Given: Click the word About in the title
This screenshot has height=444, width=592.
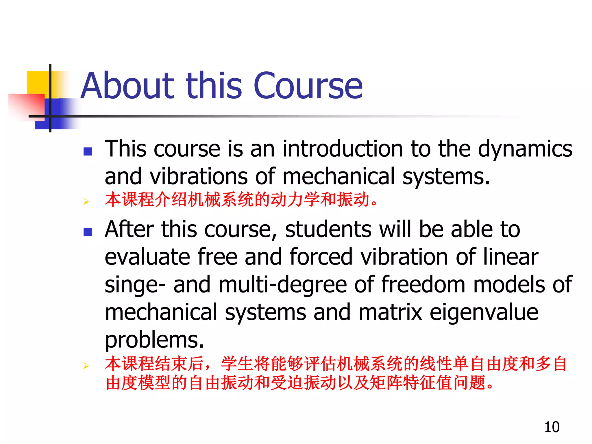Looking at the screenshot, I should (127, 86).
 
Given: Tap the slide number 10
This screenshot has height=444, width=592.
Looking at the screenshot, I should (552, 427).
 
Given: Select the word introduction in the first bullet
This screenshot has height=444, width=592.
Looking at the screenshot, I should (343, 149).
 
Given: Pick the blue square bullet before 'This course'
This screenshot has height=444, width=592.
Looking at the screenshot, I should (87, 151).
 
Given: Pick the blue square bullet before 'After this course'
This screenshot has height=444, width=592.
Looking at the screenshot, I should (87, 232).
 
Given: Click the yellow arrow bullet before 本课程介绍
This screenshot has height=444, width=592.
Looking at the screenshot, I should (86, 201).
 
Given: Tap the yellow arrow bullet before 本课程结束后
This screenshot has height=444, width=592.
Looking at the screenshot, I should (86, 366).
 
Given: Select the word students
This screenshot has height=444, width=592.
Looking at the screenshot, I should (328, 229).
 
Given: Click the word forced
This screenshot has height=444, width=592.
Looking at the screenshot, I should (321, 257).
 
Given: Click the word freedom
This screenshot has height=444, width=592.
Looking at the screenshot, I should (423, 284).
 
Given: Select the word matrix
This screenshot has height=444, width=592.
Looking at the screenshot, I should (390, 312).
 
